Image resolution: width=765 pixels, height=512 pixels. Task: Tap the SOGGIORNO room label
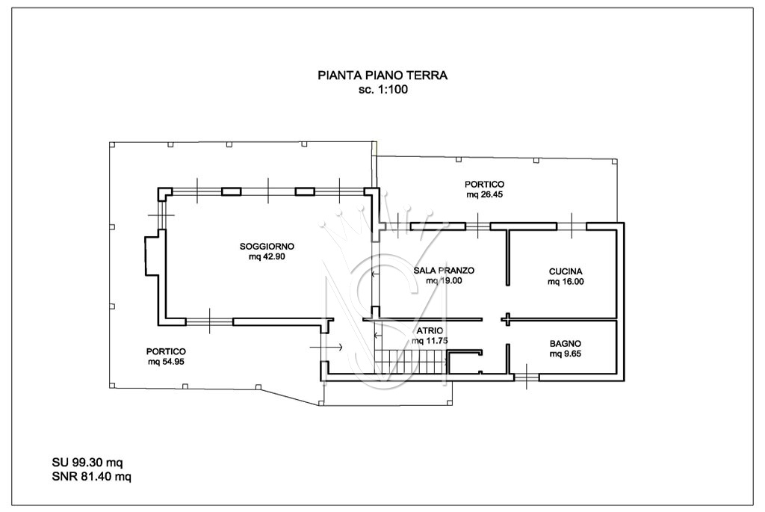[x=267, y=246]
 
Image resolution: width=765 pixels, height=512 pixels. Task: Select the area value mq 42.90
[x=267, y=256]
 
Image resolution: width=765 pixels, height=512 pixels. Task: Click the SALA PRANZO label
[x=444, y=271]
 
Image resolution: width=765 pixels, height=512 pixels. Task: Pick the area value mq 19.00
[x=444, y=281]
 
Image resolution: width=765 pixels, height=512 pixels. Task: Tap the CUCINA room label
[x=566, y=271]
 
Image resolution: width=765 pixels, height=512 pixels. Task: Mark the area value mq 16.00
[x=566, y=282]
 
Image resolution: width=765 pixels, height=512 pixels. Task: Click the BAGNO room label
[x=566, y=344]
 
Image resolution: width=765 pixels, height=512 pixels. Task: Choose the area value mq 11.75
[x=429, y=341]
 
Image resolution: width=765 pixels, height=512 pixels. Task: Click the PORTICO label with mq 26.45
[x=484, y=184]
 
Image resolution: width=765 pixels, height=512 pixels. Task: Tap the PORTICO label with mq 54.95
[x=166, y=351]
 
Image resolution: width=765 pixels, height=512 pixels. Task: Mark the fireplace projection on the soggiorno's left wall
[x=151, y=256]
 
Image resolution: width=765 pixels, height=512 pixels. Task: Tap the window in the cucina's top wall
[x=572, y=225]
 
